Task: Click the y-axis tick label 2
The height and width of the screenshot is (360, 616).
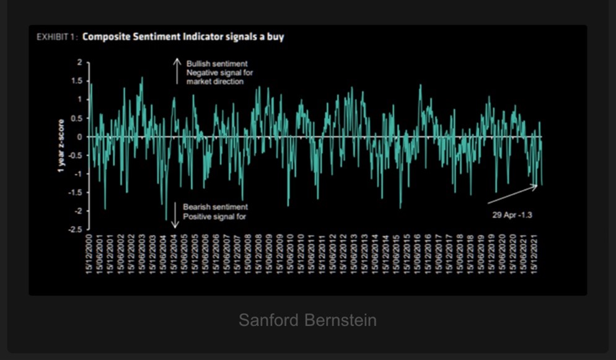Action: [79, 62]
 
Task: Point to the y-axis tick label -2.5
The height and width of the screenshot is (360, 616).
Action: [76, 229]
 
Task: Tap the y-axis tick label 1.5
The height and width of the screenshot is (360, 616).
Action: [77, 81]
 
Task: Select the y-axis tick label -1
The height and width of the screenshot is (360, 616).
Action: [78, 173]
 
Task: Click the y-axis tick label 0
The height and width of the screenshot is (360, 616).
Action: [79, 136]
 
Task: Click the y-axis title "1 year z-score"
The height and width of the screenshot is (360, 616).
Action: [61, 146]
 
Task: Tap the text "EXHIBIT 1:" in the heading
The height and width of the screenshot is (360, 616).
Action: [56, 37]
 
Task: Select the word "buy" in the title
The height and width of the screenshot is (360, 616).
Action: [275, 37]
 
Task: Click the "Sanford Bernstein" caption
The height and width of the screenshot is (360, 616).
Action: [307, 320]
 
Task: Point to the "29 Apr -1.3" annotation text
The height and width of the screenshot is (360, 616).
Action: [513, 215]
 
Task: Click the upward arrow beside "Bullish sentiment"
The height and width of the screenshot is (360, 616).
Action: [176, 71]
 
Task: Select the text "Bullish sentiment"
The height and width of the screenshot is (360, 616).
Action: [216, 64]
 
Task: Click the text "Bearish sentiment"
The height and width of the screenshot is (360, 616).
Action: [215, 207]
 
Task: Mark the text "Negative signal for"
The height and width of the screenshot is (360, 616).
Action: [219, 72]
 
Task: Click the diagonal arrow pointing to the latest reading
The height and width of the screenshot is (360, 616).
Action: [513, 194]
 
